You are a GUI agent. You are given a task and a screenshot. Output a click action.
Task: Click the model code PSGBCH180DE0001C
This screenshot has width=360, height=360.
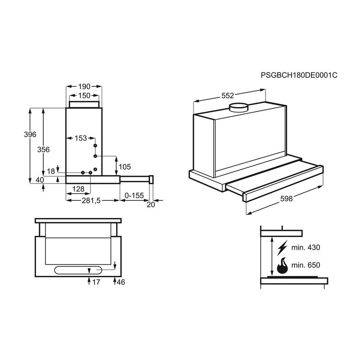pos(299,75)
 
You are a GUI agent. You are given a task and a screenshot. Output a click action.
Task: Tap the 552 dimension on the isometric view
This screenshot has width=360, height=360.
pos(228,95)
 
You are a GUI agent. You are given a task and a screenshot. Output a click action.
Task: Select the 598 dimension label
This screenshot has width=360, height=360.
pos(286,198)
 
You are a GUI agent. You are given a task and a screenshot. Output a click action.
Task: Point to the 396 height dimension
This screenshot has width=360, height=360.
pos(30,134)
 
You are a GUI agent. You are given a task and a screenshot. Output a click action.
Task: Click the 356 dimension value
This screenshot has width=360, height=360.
pos(43,149)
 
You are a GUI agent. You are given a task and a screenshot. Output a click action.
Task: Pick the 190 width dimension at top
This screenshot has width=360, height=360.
pos(84,86)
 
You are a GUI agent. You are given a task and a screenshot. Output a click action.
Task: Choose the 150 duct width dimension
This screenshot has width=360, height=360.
pos(84,95)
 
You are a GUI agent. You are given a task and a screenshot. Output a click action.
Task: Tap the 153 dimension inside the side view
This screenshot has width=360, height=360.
pos(81,138)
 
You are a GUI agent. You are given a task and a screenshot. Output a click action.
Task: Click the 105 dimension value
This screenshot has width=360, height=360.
pos(125,166)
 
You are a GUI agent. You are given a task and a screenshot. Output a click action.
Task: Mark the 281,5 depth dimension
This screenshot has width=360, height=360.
pos(91,201)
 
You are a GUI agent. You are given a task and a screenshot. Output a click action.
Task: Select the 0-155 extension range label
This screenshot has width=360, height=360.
pos(134,195)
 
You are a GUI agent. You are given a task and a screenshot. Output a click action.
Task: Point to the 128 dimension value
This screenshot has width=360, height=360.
pos(78,189)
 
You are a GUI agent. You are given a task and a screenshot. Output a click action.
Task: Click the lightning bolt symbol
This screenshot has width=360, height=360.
pos(282,248)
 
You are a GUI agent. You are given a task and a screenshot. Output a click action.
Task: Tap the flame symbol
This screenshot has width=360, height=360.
pos(283,265)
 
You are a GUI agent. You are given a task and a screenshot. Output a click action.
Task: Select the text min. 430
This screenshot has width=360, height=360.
pos(306,247)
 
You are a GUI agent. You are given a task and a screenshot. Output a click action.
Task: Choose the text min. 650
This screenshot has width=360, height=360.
pos(306,265)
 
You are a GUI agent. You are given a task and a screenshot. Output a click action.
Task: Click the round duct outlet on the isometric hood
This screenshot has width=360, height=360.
pos(239,108)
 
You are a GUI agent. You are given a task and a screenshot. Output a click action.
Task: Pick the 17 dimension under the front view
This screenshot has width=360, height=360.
pos(96,282)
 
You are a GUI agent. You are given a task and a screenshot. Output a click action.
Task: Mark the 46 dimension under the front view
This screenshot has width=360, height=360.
pos(121,282)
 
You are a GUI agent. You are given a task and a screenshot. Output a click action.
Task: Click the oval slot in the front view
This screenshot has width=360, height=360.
pos(78,270)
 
